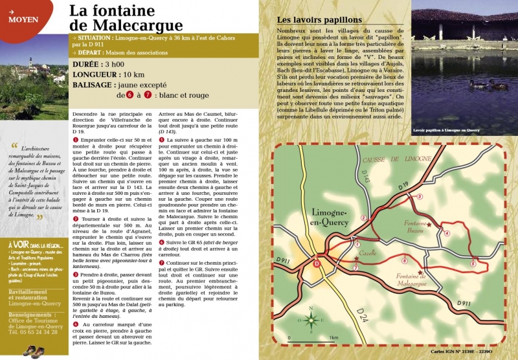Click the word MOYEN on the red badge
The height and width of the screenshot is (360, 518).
(x=23, y=19)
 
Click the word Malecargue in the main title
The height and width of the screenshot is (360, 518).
(x=127, y=26)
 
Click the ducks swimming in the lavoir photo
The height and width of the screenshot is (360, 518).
(x=486, y=84)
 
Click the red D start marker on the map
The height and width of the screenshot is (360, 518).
(x=317, y=263)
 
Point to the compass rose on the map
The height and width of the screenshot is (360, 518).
(x=311, y=319)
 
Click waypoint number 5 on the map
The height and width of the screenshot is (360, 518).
(x=473, y=264)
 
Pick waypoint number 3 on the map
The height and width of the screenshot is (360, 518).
(x=420, y=196)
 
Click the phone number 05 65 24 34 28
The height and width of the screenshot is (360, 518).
(x=39, y=333)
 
